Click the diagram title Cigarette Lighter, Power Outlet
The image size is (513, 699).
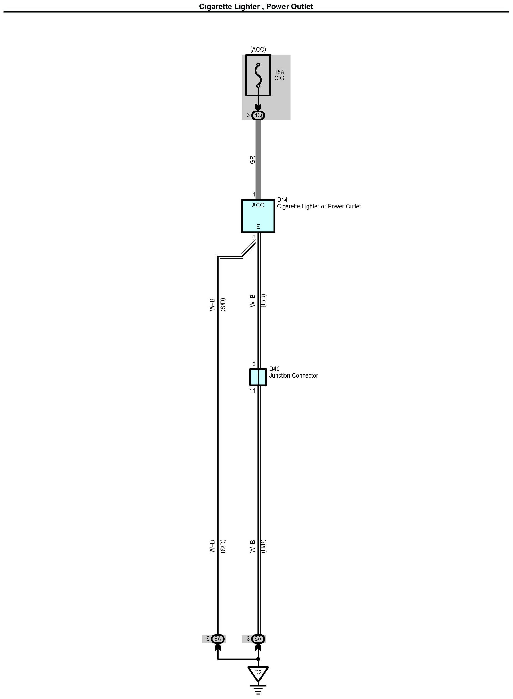[x=256, y=7]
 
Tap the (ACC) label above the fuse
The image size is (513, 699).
[x=258, y=49]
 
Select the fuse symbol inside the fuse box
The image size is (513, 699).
[x=258, y=75]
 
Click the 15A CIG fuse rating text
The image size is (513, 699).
[x=279, y=75]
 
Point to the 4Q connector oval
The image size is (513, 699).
[x=258, y=115]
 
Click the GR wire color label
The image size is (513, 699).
[x=252, y=160]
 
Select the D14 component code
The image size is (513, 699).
[x=282, y=200]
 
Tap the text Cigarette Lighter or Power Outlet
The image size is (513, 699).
[x=319, y=207]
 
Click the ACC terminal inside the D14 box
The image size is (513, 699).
[x=258, y=205]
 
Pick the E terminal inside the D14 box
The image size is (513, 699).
[x=258, y=227]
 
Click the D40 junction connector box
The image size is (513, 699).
[x=258, y=377]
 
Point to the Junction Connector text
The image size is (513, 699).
[x=294, y=375]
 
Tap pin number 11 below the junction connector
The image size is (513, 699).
[x=252, y=391]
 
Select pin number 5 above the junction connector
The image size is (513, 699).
[x=254, y=363]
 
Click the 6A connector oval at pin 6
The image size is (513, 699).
[x=218, y=639]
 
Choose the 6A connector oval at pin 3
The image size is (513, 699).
[x=258, y=639]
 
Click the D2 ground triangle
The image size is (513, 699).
[x=258, y=672]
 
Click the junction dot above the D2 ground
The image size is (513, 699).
[x=258, y=659]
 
